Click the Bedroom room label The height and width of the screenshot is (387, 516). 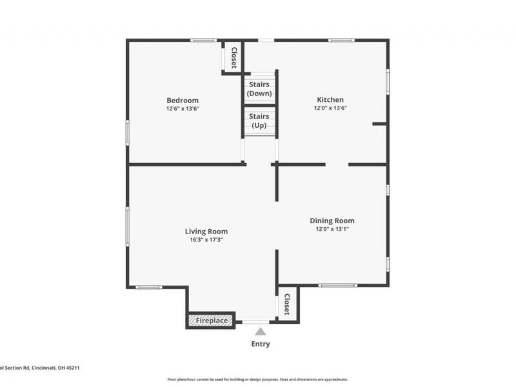click(x=183, y=100)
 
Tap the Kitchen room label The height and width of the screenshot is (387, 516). click(x=330, y=99)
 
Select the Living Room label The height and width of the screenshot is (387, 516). click(x=206, y=231)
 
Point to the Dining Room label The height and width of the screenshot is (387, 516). click(x=332, y=220)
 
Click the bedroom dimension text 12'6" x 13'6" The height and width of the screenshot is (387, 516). click(x=183, y=109)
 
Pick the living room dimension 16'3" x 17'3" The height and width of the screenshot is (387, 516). click(x=206, y=240)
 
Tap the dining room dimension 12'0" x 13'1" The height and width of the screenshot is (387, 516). click(x=332, y=229)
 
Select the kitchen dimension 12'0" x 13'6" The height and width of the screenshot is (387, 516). click(x=330, y=108)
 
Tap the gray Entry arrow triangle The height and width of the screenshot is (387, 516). click(x=260, y=332)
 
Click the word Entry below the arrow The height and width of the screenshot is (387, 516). click(x=260, y=344)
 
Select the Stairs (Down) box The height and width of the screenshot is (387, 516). click(x=259, y=88)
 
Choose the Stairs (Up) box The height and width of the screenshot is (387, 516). click(x=259, y=121)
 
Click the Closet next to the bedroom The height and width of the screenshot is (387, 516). click(x=233, y=57)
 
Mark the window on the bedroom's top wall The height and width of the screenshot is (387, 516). click(x=203, y=41)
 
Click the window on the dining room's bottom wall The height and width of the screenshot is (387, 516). click(x=337, y=285)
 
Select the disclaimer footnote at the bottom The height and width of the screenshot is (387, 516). click(x=257, y=379)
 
